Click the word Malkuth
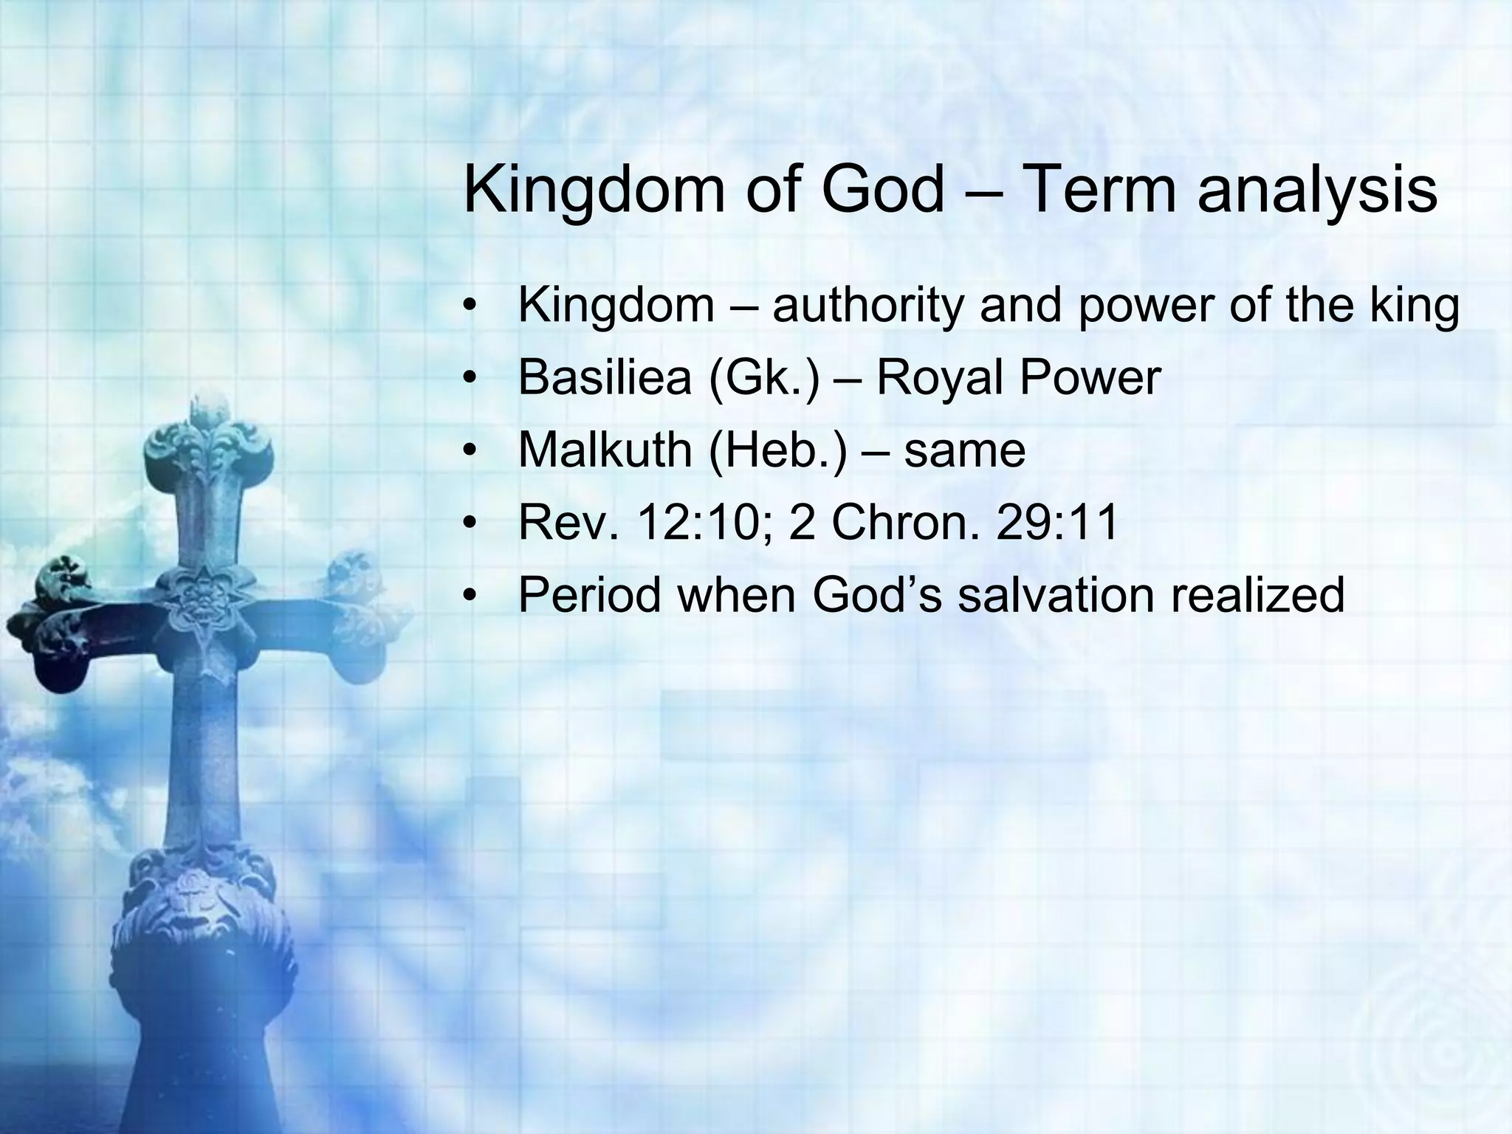click(x=605, y=450)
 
